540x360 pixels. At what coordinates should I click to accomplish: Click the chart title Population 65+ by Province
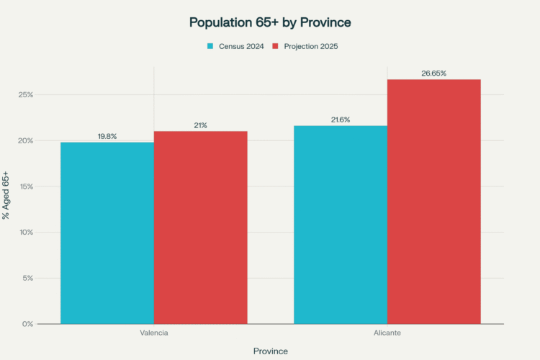tap(270, 22)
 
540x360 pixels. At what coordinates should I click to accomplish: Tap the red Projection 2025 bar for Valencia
tap(200, 228)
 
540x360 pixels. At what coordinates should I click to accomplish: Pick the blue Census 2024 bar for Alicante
tap(341, 225)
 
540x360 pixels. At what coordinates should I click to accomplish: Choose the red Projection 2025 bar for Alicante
tap(433, 202)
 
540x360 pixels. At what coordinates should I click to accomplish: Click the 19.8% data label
tap(107, 136)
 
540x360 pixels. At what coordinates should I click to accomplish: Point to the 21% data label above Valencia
tap(200, 125)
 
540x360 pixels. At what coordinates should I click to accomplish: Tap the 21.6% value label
tap(341, 120)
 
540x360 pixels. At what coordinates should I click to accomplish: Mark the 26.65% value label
tap(433, 73)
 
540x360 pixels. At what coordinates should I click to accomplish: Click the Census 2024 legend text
tap(241, 46)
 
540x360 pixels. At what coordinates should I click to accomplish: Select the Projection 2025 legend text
tap(311, 46)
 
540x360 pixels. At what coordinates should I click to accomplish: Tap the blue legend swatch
tap(210, 46)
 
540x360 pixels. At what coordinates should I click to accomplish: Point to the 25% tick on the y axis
tap(26, 95)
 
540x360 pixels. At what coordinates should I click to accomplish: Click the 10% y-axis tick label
tap(26, 233)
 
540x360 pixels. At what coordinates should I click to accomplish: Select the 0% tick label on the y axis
tap(28, 324)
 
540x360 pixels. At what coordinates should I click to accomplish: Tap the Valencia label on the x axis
tap(154, 334)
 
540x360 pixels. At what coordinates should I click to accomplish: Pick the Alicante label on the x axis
tap(387, 334)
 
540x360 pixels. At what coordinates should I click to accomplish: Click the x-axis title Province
tap(270, 351)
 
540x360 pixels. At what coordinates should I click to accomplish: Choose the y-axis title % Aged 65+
tap(6, 195)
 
